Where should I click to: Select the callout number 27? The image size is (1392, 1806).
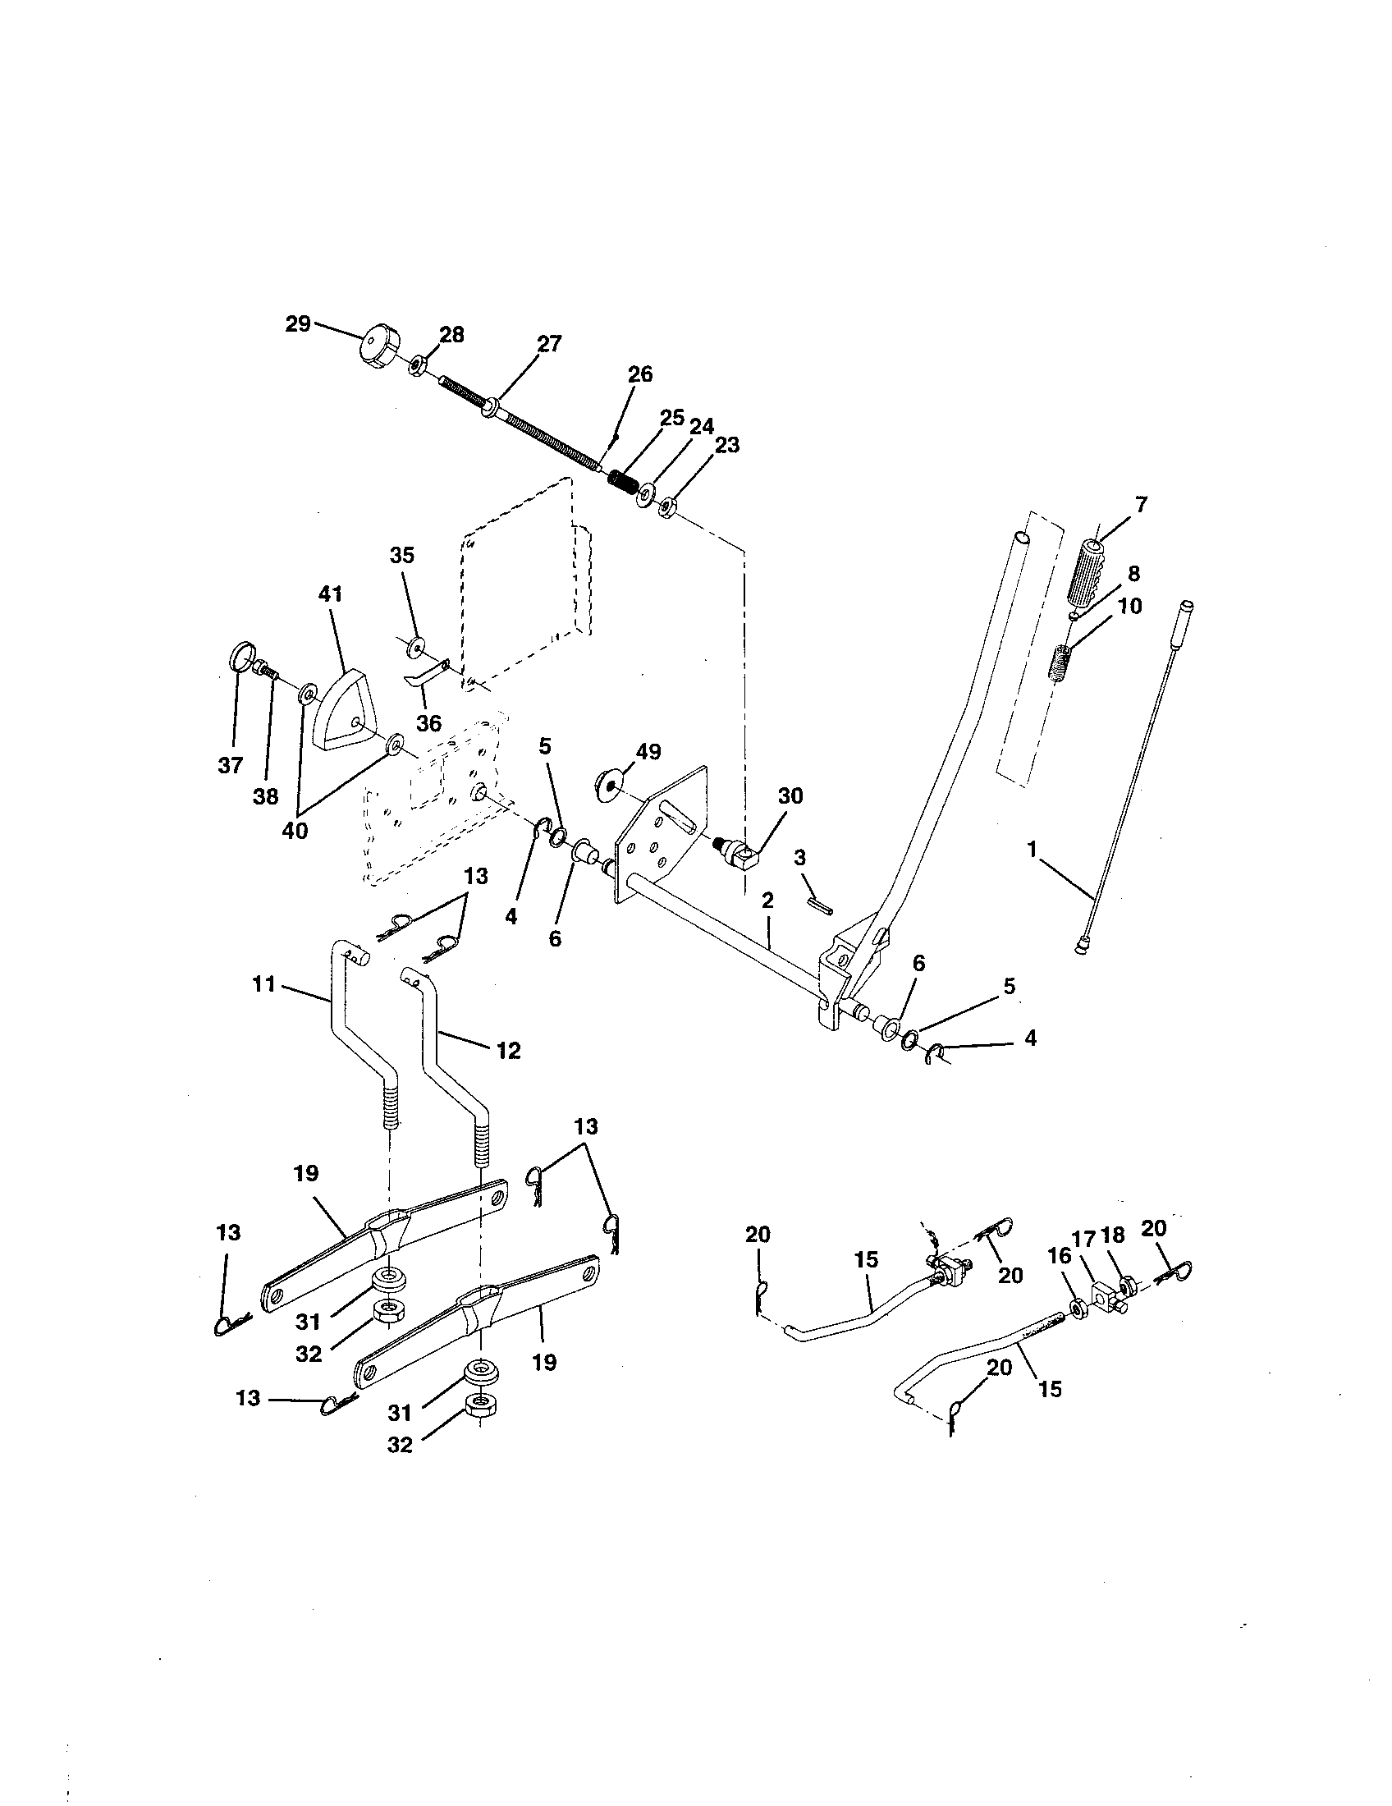click(x=549, y=344)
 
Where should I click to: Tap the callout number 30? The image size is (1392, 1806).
click(x=790, y=795)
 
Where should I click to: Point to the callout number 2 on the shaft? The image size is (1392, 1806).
click(x=767, y=901)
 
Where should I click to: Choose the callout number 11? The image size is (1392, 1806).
click(x=263, y=984)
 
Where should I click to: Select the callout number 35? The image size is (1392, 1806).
click(x=401, y=555)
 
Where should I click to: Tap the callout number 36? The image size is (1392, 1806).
click(x=428, y=722)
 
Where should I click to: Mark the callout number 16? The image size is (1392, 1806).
click(x=1059, y=1256)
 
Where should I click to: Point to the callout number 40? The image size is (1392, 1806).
click(x=295, y=829)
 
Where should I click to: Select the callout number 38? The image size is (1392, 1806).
click(x=265, y=796)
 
